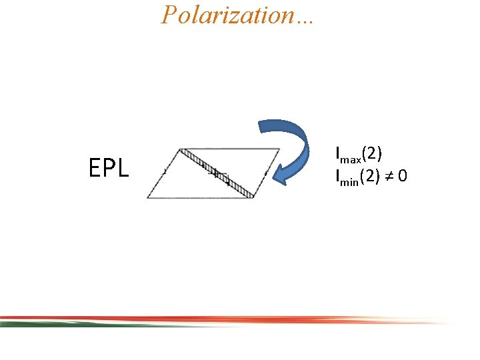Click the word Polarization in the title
227,14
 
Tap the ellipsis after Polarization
306,17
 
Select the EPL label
109,169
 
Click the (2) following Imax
370,155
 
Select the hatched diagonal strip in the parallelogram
216,173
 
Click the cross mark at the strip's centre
215,173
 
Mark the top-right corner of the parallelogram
279,148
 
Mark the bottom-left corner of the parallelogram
147,198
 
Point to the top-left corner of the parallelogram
181,149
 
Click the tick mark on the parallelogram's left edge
165,172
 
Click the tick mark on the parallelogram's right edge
266,173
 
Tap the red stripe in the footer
267,319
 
